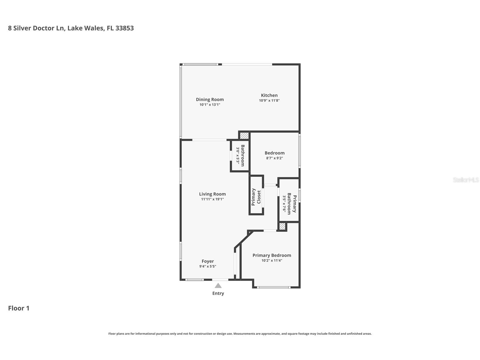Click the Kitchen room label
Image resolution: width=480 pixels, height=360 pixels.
(x=269, y=95)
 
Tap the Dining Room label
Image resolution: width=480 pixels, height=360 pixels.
(x=210, y=99)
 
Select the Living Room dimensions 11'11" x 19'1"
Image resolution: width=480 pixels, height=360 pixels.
(x=212, y=199)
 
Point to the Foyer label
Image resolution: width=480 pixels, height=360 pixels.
(x=208, y=261)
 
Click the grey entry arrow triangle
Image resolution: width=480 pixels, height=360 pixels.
(x=218, y=286)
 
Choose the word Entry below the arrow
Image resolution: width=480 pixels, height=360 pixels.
(x=218, y=293)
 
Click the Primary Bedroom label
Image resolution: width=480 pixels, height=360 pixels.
(x=272, y=255)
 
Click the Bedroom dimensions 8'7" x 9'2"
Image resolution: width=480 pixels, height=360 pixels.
(x=274, y=158)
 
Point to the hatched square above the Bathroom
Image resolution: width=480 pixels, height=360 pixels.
(x=244, y=136)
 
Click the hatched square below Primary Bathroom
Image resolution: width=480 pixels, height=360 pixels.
(x=282, y=226)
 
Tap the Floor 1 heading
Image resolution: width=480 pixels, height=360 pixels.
(x=19, y=308)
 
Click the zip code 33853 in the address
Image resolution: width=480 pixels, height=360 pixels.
(x=124, y=28)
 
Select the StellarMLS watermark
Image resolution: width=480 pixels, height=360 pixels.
(x=466, y=180)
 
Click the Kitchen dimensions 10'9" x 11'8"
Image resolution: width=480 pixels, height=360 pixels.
(x=269, y=100)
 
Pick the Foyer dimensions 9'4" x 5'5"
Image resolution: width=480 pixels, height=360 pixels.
(x=208, y=266)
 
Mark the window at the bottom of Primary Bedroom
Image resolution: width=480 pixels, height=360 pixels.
(x=274, y=287)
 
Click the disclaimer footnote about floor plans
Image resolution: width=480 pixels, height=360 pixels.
(x=240, y=334)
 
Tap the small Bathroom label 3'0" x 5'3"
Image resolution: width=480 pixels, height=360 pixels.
(x=240, y=156)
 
